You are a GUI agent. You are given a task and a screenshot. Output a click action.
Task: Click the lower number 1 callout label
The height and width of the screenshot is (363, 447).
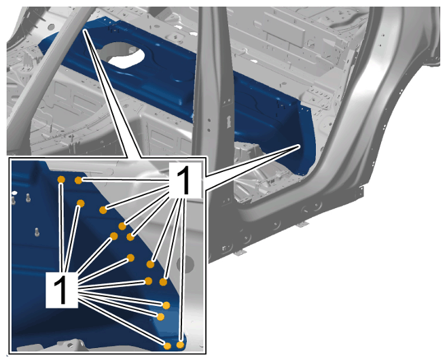(62, 290)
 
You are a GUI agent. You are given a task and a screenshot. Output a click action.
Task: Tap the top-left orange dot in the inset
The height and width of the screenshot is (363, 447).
(61, 179)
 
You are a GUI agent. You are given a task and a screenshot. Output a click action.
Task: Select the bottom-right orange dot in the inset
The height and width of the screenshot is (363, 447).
(180, 345)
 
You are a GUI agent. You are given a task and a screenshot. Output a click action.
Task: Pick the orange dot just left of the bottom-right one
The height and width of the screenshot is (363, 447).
(167, 346)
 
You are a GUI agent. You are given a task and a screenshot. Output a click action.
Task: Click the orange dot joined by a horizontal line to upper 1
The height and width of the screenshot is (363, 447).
(78, 180)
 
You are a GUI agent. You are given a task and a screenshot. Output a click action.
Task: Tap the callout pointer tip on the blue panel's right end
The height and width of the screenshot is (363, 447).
(300, 145)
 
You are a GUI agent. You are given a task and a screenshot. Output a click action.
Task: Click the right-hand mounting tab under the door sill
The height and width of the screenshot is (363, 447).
(303, 224)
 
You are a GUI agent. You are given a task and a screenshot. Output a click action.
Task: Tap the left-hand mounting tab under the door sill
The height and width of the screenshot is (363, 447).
(240, 252)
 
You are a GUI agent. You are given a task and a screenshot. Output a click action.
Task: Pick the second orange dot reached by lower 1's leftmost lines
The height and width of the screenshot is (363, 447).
(81, 203)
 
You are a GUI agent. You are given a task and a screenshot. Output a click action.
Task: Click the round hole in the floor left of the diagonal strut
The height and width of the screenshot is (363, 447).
(51, 27)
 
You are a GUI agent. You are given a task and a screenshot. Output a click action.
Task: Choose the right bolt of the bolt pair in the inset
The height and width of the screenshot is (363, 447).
(28, 197)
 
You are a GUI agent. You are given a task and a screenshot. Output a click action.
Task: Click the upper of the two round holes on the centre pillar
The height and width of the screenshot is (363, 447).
(209, 120)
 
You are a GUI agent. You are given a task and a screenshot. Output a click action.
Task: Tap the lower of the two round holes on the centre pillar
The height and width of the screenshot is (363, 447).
(209, 130)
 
